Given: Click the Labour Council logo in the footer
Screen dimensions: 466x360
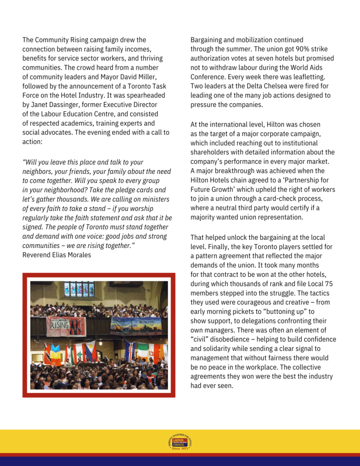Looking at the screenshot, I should (180, 442).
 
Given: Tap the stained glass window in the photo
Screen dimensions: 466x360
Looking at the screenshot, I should (79, 289).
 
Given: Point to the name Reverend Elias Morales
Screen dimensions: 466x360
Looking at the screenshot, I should (56, 255).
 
